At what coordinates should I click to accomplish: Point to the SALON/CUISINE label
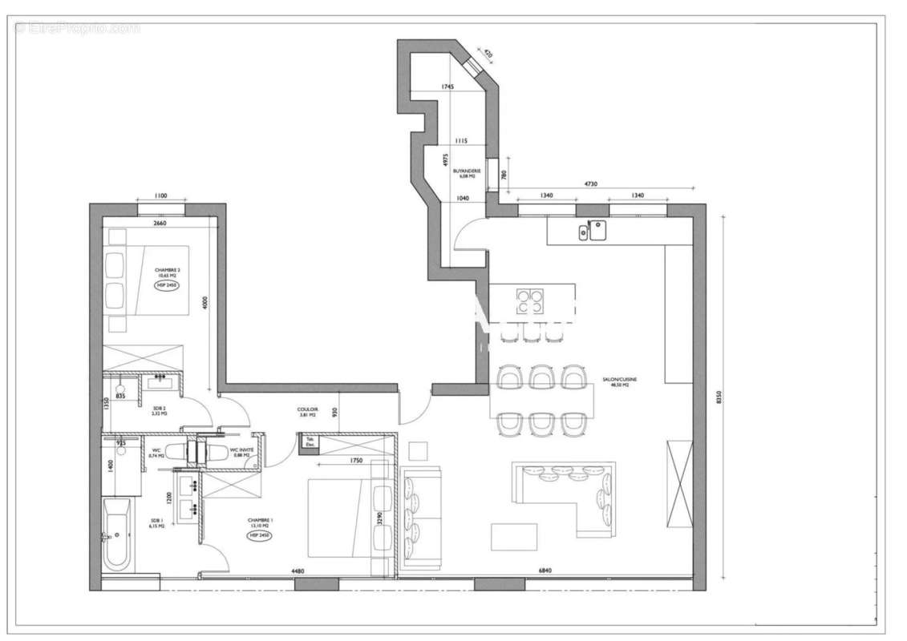(x=621, y=382)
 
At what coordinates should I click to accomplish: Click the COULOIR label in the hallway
(x=309, y=411)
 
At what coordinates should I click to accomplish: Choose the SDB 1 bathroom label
(x=156, y=523)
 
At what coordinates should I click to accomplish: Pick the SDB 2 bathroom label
(x=159, y=411)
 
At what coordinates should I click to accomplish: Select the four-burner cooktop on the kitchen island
(x=528, y=301)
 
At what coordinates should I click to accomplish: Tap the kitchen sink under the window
(x=591, y=232)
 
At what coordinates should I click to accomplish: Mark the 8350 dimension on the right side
(x=719, y=397)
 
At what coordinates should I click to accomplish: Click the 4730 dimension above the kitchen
(x=589, y=184)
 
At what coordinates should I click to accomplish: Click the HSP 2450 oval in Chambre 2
(x=168, y=285)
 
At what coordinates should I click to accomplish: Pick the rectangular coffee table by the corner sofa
(x=514, y=536)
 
